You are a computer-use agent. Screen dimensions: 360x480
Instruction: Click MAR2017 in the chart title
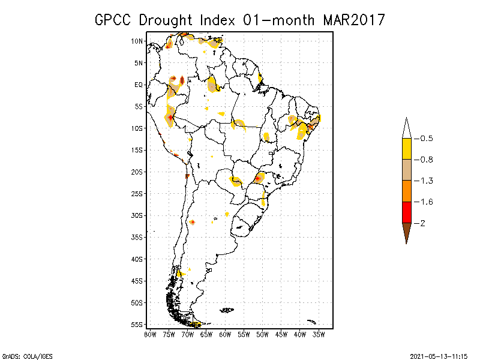pos(353,20)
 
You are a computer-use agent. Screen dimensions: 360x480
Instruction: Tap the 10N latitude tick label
pos(137,41)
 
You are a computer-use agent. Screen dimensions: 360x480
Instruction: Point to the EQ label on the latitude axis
pos(138,85)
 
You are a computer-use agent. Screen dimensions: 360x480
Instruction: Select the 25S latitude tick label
pos(137,193)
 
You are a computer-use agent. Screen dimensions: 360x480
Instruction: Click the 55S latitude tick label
pos(137,324)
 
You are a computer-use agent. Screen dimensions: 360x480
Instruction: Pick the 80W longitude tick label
pos(151,334)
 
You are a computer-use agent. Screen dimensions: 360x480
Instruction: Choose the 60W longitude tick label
pos(225,334)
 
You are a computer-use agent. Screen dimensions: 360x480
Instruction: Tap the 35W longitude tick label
pos(319,334)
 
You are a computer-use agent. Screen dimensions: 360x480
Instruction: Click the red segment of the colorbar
pos(406,212)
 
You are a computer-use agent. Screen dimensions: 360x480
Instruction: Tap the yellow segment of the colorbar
pos(406,149)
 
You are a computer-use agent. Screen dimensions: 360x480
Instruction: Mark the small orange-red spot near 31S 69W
pos(192,222)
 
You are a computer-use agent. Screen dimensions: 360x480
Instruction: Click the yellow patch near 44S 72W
pos(179,274)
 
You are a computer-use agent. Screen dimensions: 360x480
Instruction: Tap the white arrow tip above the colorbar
pos(406,128)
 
